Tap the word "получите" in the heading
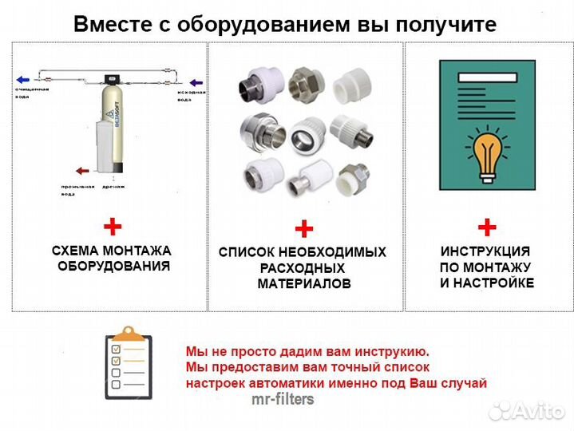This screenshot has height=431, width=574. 452,25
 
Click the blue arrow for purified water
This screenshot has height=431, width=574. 24,80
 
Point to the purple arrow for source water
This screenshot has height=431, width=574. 196,82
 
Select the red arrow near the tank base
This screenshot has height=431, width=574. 81,170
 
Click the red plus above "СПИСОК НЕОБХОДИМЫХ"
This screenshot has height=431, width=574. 303,230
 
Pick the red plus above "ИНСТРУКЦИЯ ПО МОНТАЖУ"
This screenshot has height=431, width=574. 486,227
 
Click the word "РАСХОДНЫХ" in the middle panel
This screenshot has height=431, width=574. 303,268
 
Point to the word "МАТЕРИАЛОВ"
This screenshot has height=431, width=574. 303,284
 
